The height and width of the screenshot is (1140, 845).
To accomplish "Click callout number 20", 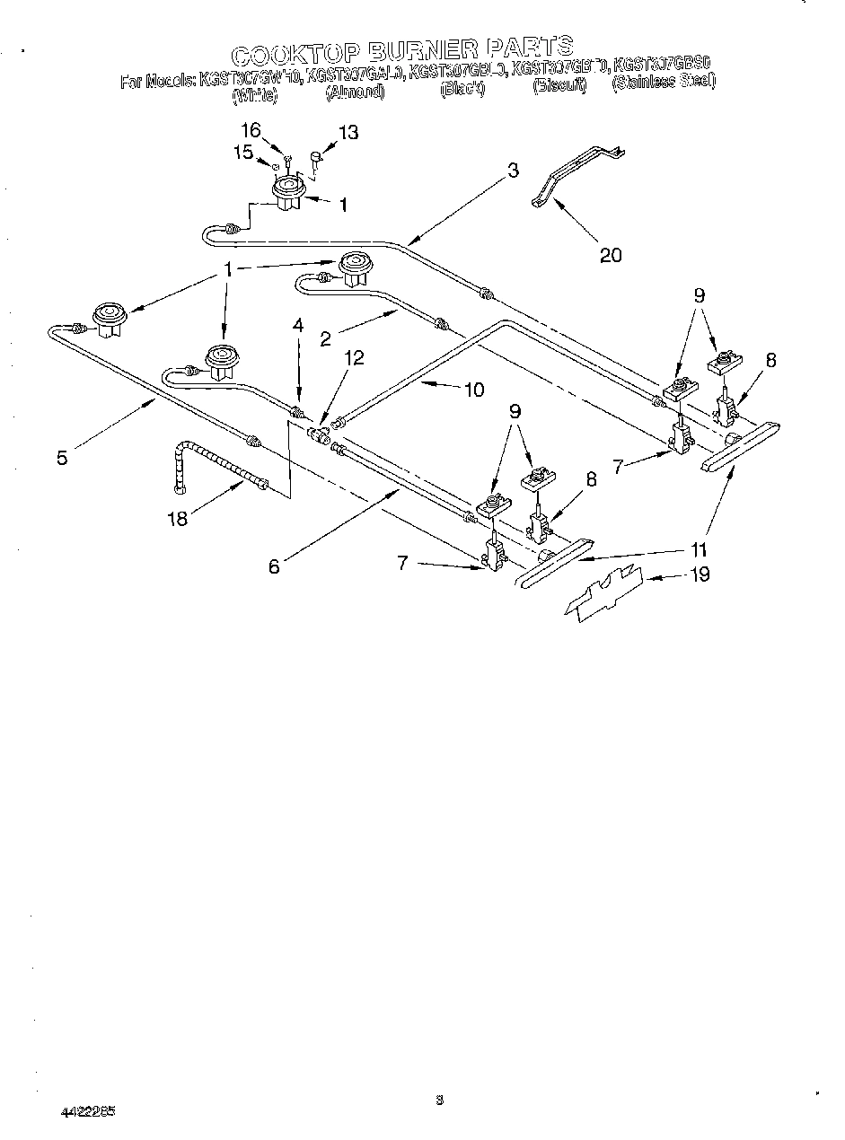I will coord(610,255).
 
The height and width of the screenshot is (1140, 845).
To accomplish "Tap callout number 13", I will coord(348,133).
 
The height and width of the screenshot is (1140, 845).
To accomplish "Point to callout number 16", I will coord(251,130).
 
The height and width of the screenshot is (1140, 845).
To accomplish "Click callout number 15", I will coord(243,153).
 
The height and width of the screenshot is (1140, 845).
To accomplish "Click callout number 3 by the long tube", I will coord(512,171).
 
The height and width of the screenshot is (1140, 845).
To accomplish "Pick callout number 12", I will coord(355,357).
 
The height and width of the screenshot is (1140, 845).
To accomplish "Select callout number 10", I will coord(473,389).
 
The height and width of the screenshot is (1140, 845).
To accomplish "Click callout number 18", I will coord(179,518).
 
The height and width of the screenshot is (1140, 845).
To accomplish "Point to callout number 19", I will coord(700,574).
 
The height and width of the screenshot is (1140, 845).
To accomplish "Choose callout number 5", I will coord(61,457).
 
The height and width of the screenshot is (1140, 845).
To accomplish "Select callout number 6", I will coord(274,566).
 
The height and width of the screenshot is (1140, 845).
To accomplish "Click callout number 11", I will coord(700,549).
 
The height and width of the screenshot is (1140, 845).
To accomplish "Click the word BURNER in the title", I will coord(415,48).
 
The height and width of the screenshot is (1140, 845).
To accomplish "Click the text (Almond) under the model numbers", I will coord(356,92).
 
